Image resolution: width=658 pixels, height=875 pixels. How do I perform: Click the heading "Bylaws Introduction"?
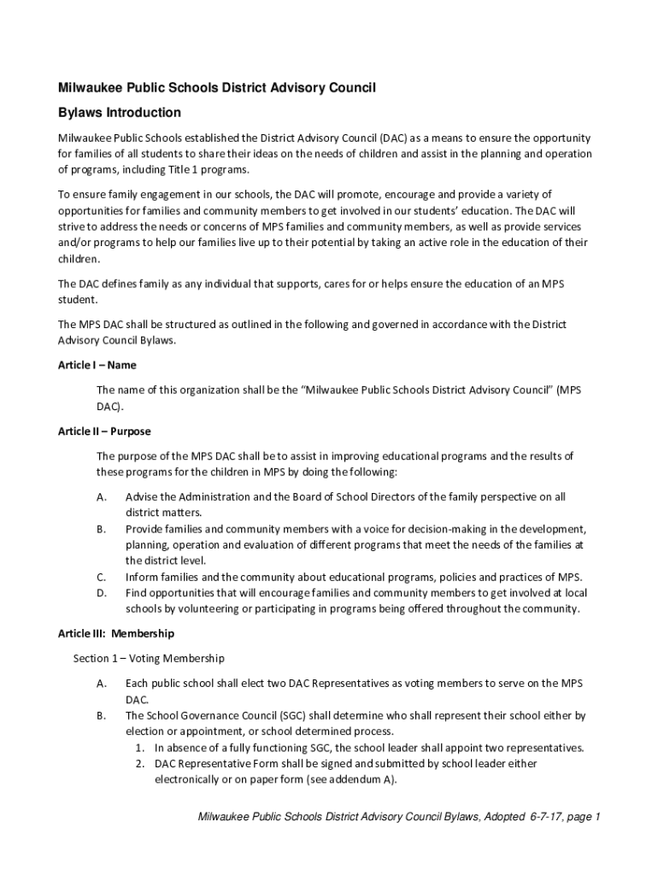tap(119, 113)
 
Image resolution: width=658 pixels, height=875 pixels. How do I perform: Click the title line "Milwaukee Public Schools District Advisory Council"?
tap(217, 88)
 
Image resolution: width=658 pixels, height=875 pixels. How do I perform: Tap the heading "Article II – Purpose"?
tap(104, 432)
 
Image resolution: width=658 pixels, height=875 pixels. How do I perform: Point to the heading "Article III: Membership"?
tap(115, 633)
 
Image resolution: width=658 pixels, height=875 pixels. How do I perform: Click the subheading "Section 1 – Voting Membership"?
tap(149, 658)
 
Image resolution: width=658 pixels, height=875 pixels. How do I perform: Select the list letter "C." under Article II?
tap(102, 577)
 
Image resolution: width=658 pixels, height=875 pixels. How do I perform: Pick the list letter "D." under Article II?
tap(102, 593)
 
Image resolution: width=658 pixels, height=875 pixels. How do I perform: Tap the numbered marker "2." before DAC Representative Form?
tap(139, 763)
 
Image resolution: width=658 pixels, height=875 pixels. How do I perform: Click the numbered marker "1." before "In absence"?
tap(139, 748)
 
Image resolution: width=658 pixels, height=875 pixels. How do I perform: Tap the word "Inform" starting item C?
tap(143, 577)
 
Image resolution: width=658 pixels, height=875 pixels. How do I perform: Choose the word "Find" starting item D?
tap(137, 593)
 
